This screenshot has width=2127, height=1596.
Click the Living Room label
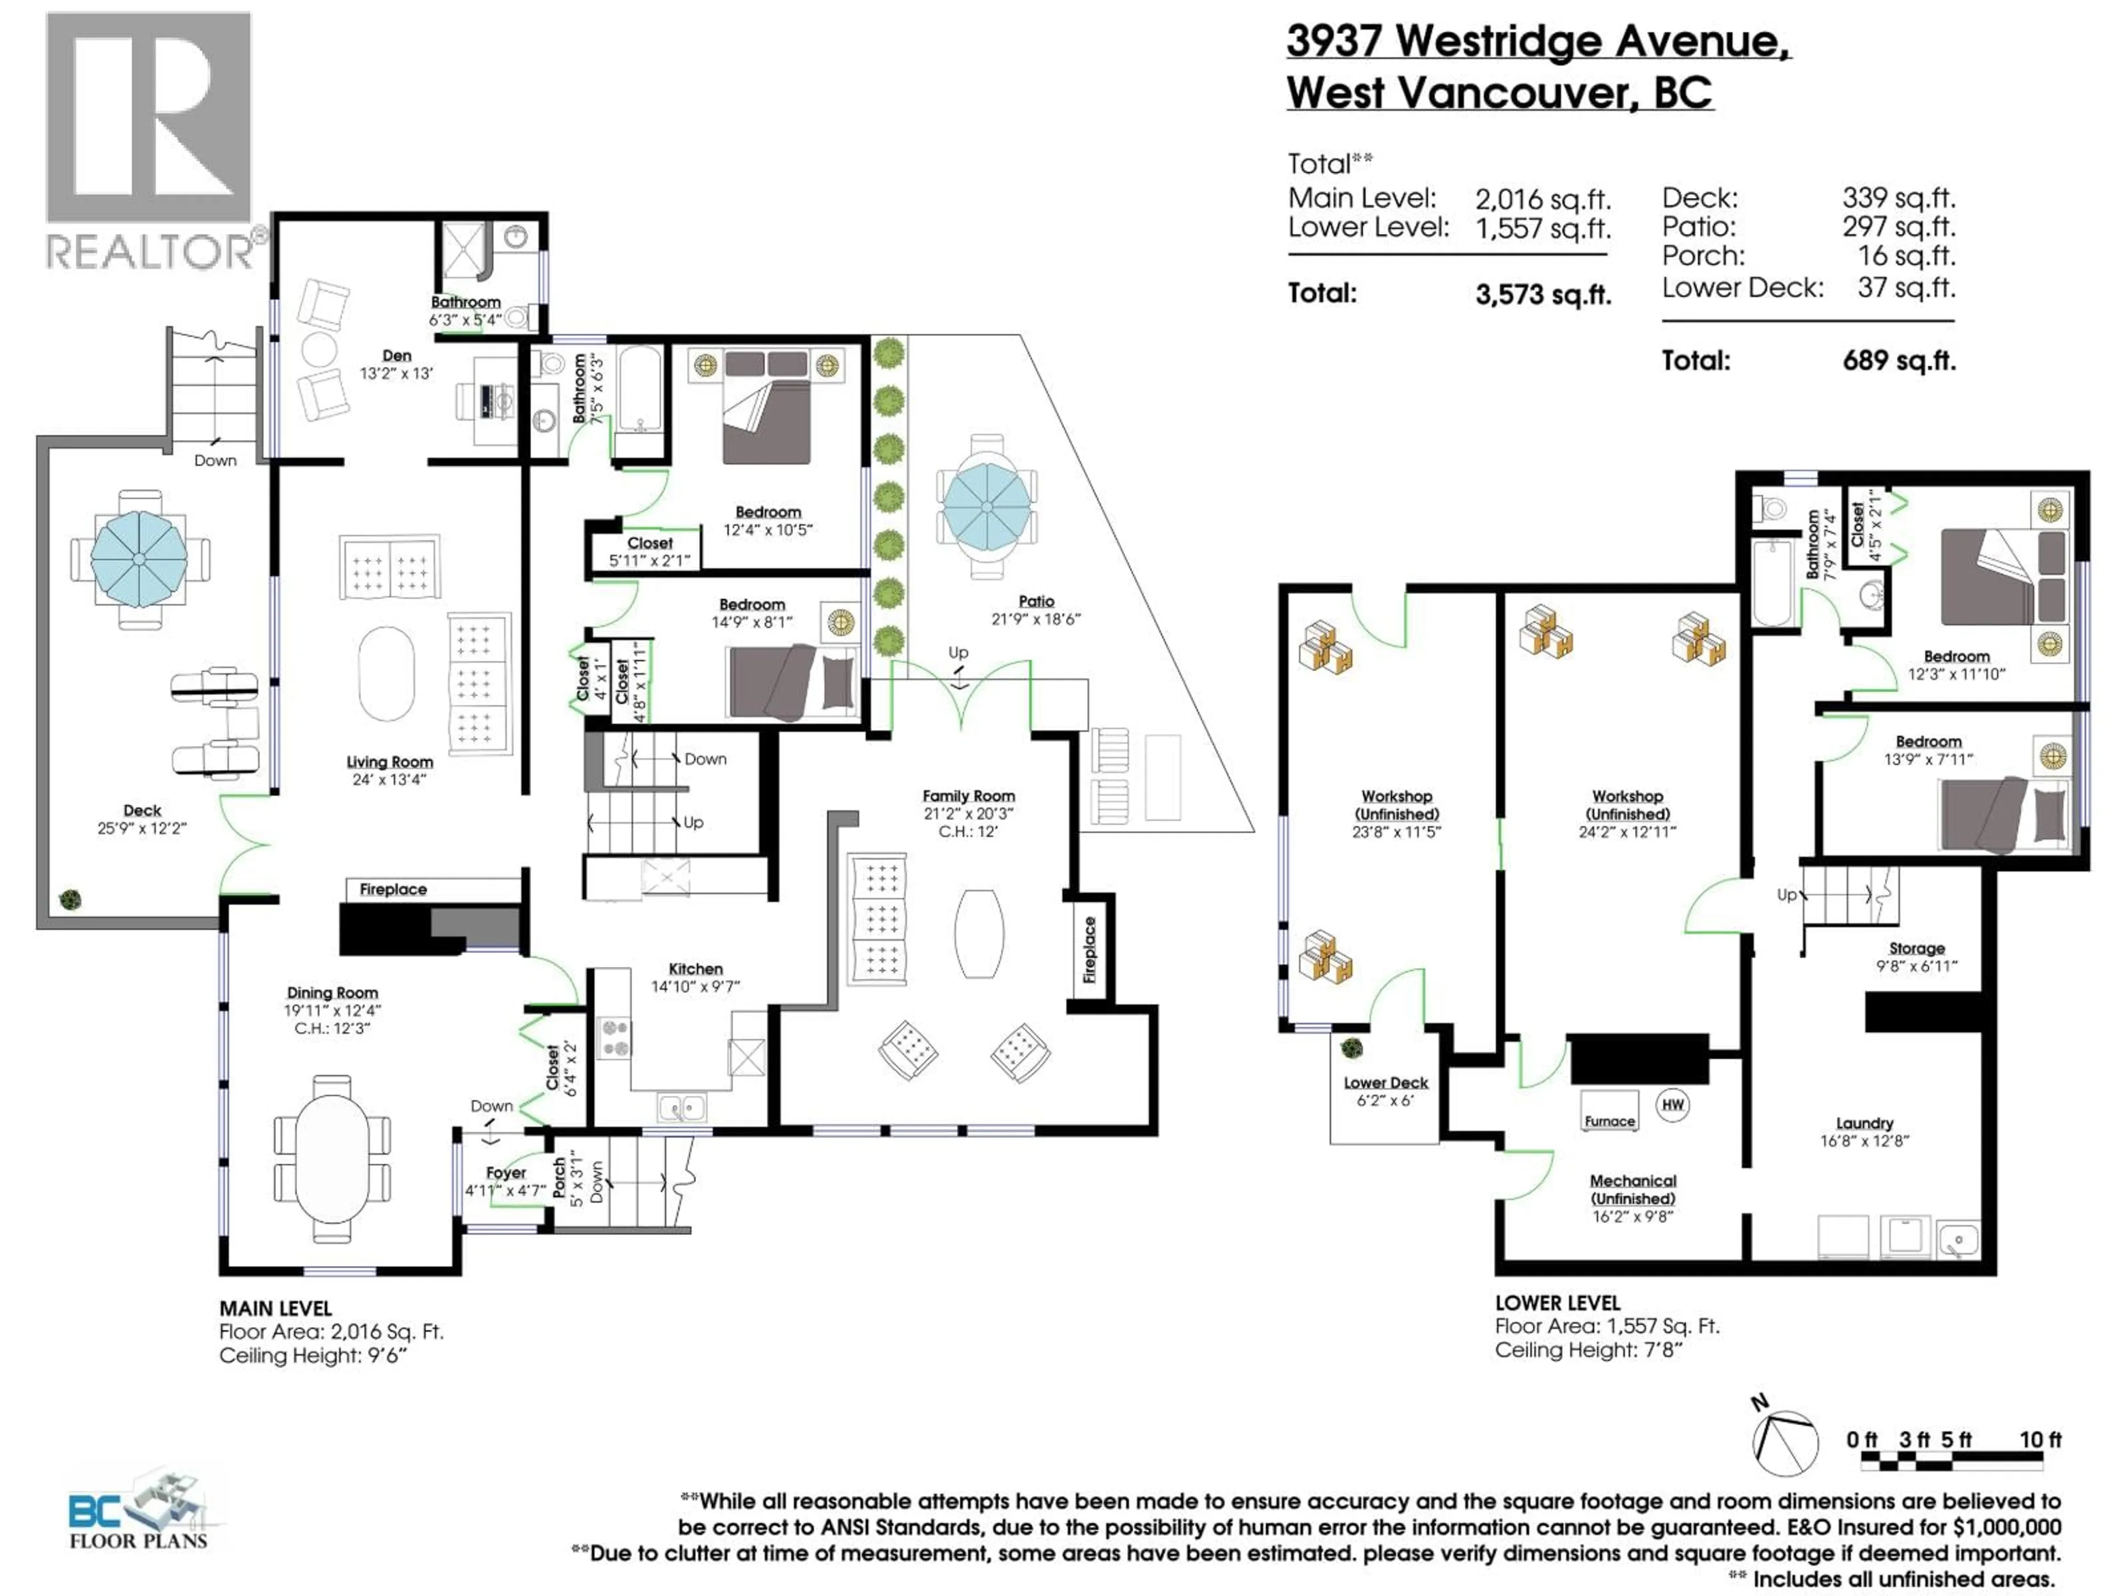coord(389,762)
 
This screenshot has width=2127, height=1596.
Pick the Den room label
coord(396,356)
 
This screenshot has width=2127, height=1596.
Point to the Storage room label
coord(1917,949)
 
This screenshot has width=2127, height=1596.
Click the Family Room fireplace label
coord(1090,950)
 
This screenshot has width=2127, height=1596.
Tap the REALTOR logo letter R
coord(149,117)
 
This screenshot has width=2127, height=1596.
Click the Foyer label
coord(506,1173)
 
